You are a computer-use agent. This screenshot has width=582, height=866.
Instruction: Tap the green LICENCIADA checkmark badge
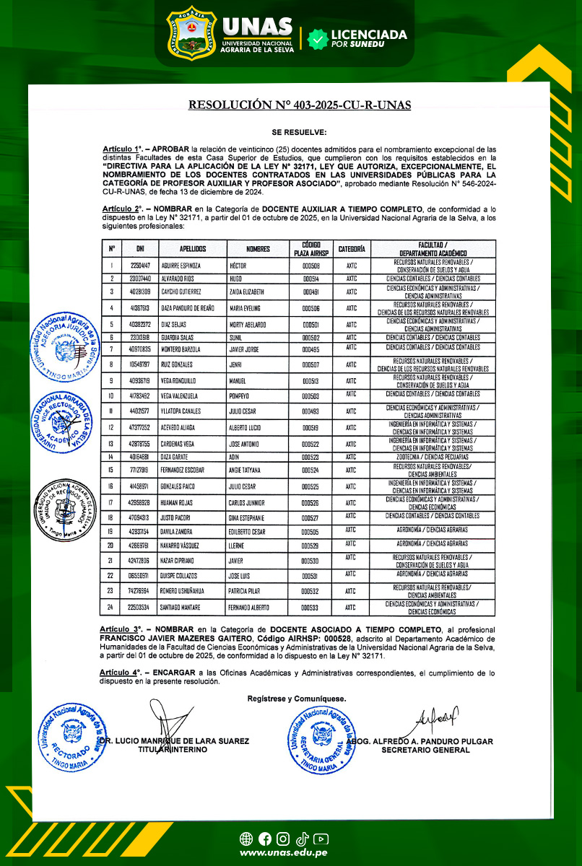click(317, 39)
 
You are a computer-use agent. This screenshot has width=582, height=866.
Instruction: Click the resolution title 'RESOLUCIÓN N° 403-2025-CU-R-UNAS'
click(299, 105)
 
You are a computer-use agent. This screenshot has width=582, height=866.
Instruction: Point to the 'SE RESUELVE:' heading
click(299, 132)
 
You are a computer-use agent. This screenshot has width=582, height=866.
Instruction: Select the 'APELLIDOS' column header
click(193, 249)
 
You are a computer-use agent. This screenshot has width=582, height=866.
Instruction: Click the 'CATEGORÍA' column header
click(352, 249)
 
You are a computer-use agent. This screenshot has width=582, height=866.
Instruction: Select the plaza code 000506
click(310, 308)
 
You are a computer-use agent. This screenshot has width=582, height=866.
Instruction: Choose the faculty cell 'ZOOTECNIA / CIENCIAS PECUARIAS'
click(433, 456)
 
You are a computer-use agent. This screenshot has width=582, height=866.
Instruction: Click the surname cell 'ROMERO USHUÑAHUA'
click(186, 590)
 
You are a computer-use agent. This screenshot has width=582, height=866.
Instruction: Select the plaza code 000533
click(310, 608)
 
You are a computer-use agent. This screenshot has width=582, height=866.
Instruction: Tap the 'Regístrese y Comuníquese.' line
click(296, 699)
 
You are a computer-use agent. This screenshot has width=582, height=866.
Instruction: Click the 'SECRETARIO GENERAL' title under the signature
click(425, 750)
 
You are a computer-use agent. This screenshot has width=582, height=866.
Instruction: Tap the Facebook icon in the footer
click(264, 839)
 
